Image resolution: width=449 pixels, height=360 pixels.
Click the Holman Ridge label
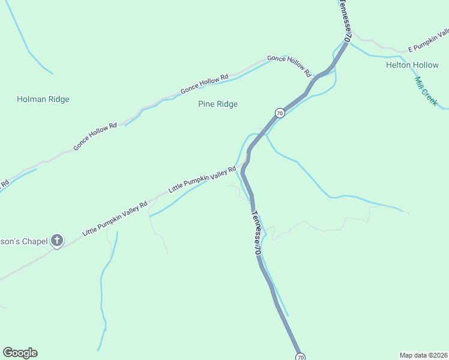[43, 100]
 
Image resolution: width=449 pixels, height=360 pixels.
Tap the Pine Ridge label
[218, 104]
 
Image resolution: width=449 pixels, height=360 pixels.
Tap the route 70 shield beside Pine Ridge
[280, 113]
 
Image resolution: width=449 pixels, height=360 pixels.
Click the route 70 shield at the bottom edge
[300, 357]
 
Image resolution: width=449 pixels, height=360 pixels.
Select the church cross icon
[57, 241]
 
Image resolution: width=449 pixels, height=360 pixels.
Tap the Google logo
[20, 353]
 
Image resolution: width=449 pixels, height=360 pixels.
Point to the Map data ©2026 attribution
[423, 354]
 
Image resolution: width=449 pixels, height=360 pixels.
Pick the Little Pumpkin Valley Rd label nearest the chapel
[115, 218]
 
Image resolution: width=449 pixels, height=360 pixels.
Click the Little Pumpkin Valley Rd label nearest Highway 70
[202, 179]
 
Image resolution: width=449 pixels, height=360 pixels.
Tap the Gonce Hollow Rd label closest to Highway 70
[289, 65]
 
